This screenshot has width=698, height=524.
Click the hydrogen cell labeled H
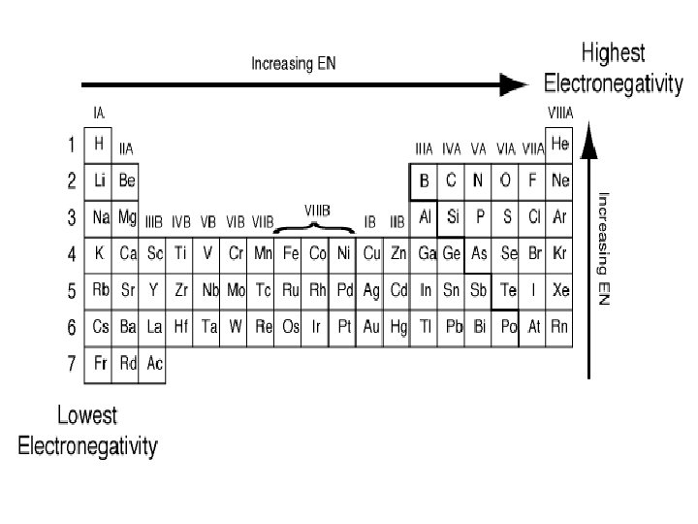pyautogui.click(x=99, y=144)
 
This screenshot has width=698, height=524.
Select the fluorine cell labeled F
pyautogui.click(x=531, y=180)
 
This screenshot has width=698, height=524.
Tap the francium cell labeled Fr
pyautogui.click(x=99, y=364)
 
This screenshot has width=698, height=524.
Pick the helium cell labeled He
pyautogui.click(x=559, y=144)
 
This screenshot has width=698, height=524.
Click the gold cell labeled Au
pyautogui.click(x=370, y=328)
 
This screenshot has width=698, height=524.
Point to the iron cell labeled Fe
pyautogui.click(x=290, y=254)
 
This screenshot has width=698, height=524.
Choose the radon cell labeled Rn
pyautogui.click(x=559, y=328)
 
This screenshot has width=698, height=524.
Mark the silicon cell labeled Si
pyautogui.click(x=452, y=217)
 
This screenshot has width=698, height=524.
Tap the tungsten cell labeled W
pyautogui.click(x=236, y=328)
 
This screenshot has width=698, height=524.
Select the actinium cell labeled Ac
pyautogui.click(x=154, y=364)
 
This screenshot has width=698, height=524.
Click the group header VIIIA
pyautogui.click(x=560, y=113)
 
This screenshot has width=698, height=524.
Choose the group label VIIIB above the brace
pyautogui.click(x=317, y=210)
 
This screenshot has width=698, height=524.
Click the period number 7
pyautogui.click(x=71, y=364)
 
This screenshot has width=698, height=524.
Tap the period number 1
pyautogui.click(x=71, y=145)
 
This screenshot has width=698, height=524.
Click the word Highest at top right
pyautogui.click(x=613, y=53)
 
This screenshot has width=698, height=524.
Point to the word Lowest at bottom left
pyautogui.click(x=87, y=416)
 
